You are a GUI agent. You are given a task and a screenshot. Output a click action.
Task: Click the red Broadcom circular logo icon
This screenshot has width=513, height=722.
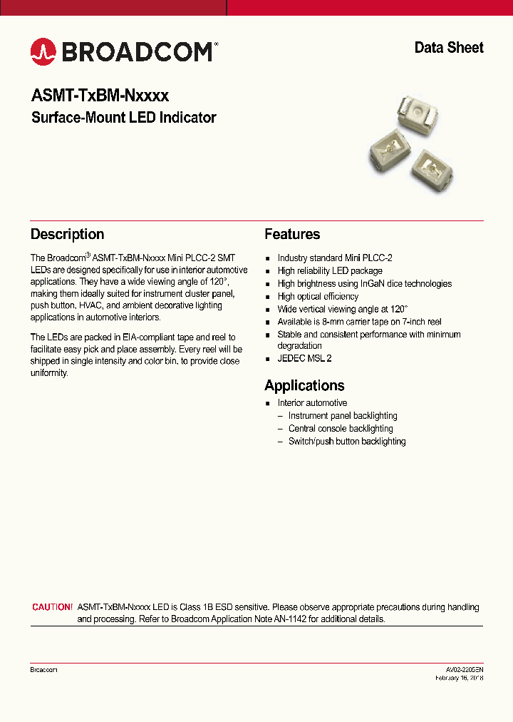43,51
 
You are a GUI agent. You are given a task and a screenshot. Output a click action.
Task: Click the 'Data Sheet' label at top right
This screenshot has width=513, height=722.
448,48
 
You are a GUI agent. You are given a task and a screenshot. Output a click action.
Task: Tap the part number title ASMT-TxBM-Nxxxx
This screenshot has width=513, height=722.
100,95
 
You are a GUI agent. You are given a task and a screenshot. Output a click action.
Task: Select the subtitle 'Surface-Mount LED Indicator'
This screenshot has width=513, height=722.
123,118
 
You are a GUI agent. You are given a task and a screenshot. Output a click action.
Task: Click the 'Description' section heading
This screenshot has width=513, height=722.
67,234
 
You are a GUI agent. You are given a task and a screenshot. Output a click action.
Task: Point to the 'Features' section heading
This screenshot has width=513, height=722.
292,234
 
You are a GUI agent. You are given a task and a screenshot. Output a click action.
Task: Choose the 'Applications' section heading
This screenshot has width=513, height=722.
304,385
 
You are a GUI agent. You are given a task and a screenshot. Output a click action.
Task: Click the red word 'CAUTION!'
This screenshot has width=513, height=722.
52,607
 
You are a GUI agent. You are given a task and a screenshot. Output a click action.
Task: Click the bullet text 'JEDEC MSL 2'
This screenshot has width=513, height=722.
304,359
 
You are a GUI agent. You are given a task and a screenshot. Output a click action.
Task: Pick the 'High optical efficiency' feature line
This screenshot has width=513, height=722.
318,296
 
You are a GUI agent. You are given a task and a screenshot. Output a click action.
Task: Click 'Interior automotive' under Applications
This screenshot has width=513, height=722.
312,403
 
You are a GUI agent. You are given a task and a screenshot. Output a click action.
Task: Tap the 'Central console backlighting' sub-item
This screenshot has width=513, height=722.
341,429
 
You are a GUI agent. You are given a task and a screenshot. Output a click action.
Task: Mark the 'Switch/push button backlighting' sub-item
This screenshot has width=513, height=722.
347,442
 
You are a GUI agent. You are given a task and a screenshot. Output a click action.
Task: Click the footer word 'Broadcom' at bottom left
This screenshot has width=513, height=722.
43,670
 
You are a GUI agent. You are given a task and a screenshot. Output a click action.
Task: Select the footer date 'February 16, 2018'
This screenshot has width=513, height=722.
460,678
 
